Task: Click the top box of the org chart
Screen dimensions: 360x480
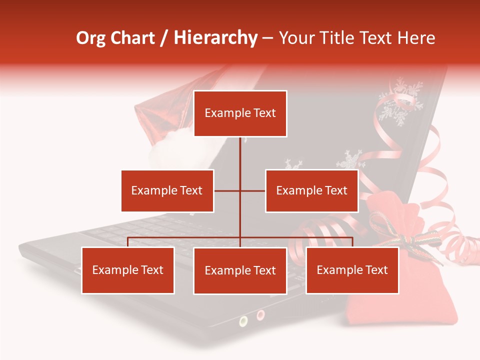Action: pyautogui.click(x=240, y=113)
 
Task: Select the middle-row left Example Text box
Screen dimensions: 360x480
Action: pyautogui.click(x=167, y=190)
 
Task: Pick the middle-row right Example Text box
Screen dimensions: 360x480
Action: pyautogui.click(x=311, y=190)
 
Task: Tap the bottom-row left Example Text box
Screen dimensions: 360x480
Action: pyautogui.click(x=127, y=270)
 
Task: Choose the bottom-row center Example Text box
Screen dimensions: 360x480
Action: pyautogui.click(x=240, y=270)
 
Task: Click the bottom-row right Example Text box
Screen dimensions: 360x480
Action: pyautogui.click(x=352, y=270)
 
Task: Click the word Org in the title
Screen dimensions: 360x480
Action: pyautogui.click(x=90, y=38)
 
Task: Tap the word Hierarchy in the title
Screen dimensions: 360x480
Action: pyautogui.click(x=215, y=38)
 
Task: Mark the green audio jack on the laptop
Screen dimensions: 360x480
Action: pyautogui.click(x=243, y=321)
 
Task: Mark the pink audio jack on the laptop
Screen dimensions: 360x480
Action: pyautogui.click(x=260, y=315)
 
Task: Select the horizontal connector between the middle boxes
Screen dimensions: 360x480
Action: pyautogui.click(x=240, y=190)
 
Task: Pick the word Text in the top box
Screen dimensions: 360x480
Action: pyautogui.click(x=264, y=113)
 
